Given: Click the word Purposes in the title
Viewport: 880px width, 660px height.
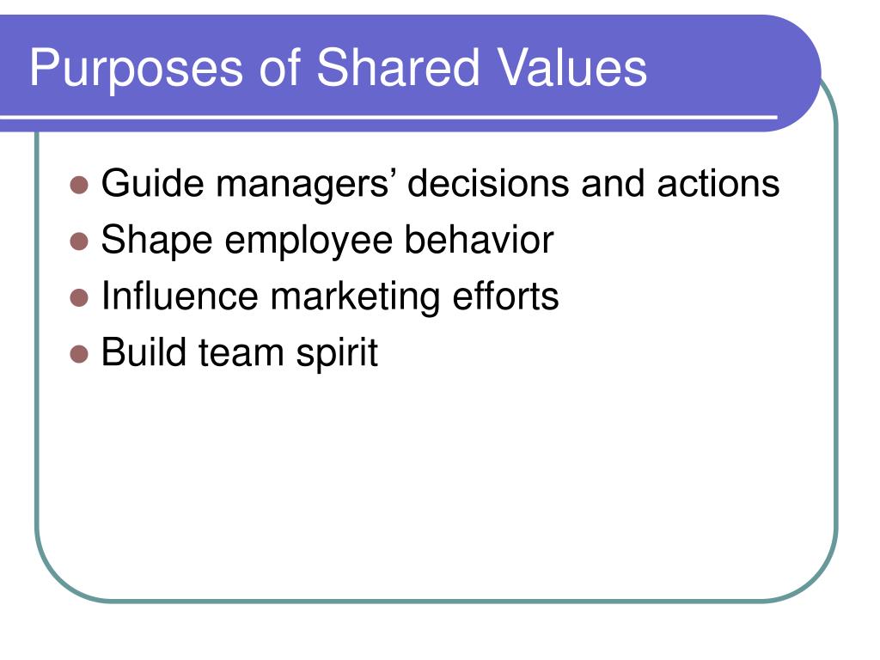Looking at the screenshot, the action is coord(137,70).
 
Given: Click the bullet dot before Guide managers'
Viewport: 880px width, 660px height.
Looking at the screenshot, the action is coord(79,185).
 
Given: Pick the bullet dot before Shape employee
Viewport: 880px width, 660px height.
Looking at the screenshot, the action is coord(79,241).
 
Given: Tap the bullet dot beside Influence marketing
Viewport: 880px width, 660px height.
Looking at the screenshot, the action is coord(79,298).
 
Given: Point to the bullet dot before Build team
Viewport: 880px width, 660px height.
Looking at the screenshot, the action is coord(79,354).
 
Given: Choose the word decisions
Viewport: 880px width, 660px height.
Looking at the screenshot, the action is coord(488,183).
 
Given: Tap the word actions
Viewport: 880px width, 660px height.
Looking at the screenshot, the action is coord(718,184).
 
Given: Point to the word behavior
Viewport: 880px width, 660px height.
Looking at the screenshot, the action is coord(479,240).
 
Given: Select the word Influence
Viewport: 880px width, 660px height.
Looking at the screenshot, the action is coord(180,296).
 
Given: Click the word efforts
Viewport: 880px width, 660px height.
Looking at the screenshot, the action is coord(505,296).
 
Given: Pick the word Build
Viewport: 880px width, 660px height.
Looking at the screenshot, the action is coord(144,351).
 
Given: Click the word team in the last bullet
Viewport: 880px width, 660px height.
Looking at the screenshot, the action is coord(241,353).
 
